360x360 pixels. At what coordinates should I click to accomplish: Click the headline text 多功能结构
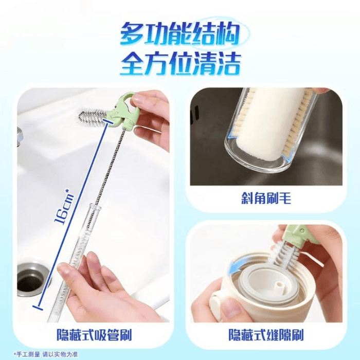180,35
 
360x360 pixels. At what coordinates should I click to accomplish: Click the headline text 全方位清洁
180,65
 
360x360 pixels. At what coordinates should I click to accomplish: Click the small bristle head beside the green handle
93,117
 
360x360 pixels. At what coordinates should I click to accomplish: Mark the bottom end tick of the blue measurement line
37,308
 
